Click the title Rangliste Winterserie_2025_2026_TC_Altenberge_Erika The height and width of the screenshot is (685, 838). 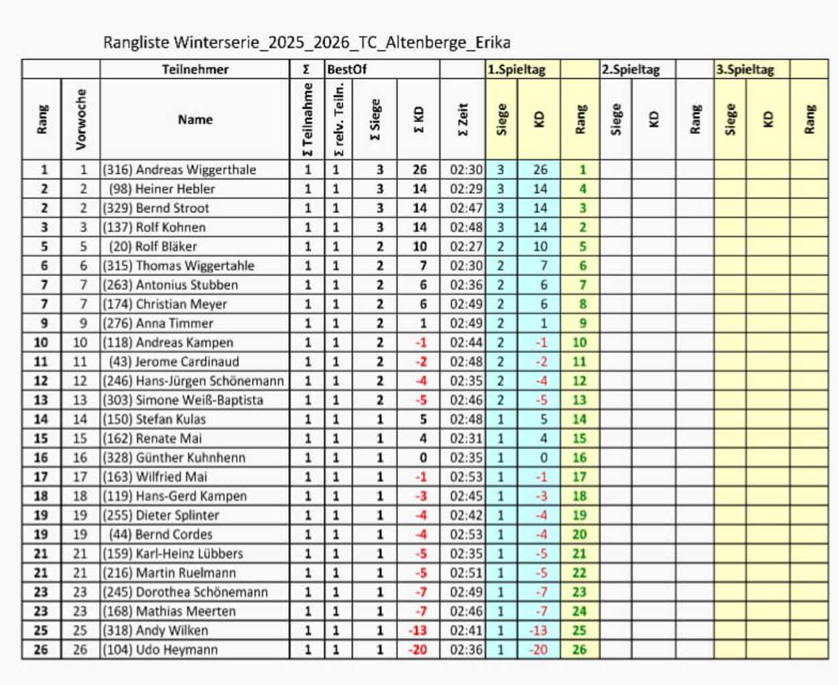coord(306,43)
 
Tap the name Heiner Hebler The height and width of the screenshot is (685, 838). coord(175,189)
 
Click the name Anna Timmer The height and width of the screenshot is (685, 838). coord(174,323)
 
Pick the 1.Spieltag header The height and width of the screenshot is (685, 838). coord(516,69)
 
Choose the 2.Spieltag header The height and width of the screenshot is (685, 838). coord(631,69)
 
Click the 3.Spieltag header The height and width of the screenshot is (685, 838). coord(745,69)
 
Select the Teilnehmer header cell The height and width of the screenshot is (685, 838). coord(195,69)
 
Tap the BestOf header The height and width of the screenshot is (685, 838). coord(347,69)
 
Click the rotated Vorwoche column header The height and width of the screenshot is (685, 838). coord(81,119)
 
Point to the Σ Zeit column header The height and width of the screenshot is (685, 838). coord(463,119)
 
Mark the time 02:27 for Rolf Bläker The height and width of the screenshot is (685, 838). coord(466,247)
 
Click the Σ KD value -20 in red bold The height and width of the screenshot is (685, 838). coord(418,649)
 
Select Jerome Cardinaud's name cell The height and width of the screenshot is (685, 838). coord(187,362)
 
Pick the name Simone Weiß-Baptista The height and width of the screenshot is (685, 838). coord(199,400)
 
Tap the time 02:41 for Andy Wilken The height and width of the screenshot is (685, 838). coord(466,631)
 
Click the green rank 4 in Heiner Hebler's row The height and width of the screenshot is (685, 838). coord(583,189)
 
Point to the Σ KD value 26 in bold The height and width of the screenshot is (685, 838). coord(420,170)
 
